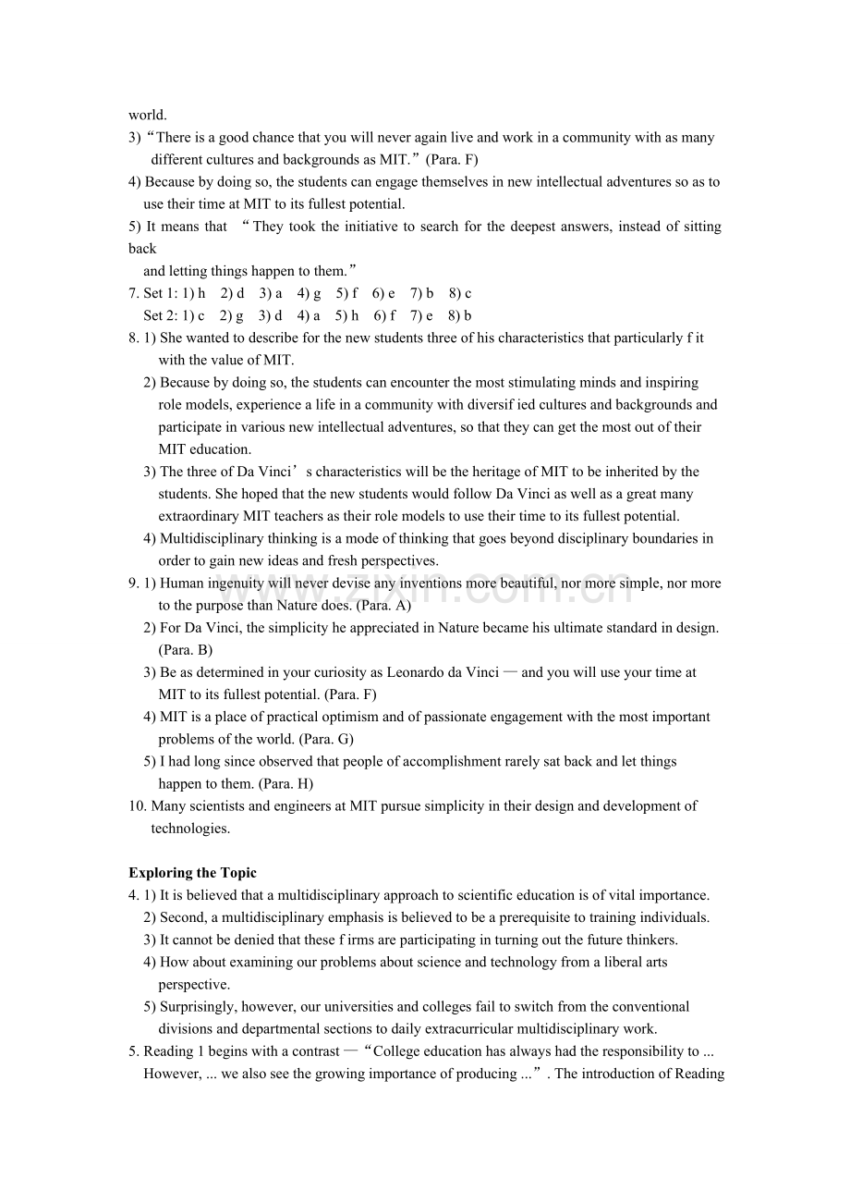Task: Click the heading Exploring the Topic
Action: (192, 873)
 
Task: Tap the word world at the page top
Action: (148, 116)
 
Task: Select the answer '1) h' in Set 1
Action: (193, 293)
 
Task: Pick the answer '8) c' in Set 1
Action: (460, 293)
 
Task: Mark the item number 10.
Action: (136, 806)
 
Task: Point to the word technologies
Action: (190, 829)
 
